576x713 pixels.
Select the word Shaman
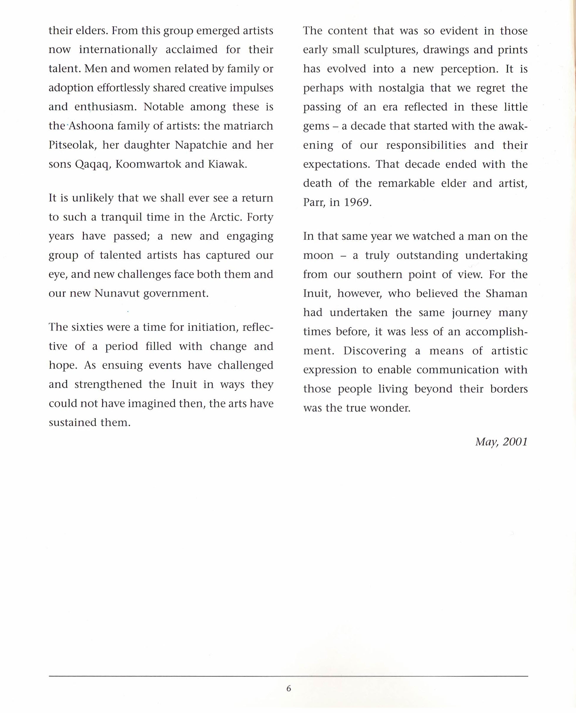(506, 293)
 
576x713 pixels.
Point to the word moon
(318, 256)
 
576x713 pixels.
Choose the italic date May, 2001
(501, 442)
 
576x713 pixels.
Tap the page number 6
(288, 688)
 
